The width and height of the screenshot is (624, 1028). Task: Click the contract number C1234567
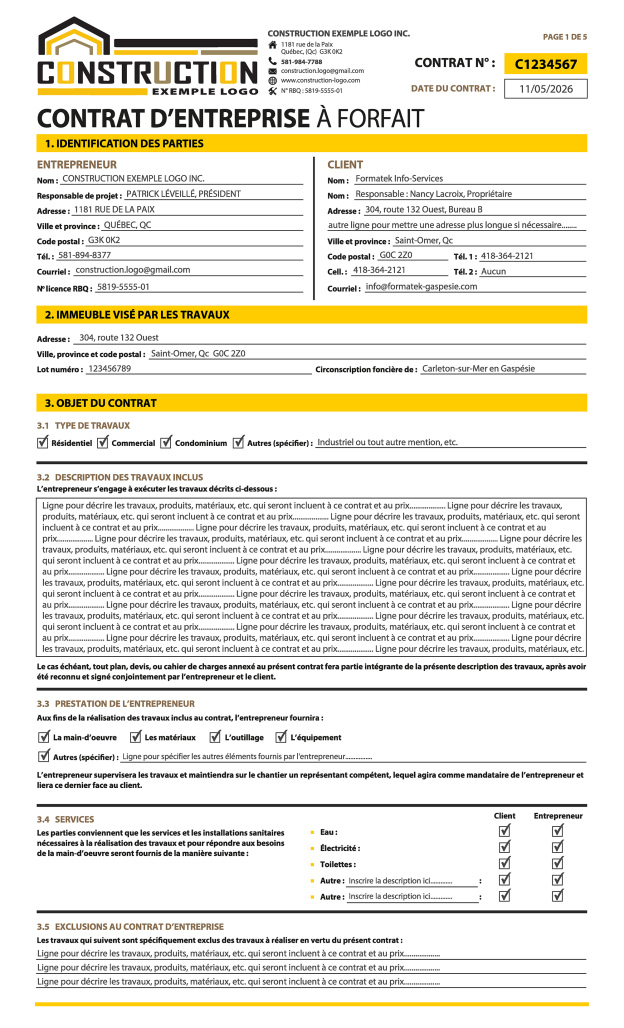[x=545, y=64]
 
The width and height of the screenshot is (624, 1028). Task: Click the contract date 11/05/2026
[x=545, y=89]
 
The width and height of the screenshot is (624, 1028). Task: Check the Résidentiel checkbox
[x=43, y=442]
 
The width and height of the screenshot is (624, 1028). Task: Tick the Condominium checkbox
[x=166, y=442]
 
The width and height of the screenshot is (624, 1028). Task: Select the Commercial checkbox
[x=103, y=442]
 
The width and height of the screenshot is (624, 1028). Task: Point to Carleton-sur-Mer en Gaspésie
[x=479, y=369]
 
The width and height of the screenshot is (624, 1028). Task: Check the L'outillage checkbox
[x=215, y=737]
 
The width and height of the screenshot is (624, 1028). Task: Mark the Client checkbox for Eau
[x=505, y=831]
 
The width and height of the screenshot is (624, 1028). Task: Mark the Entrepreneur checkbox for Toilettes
[x=558, y=863]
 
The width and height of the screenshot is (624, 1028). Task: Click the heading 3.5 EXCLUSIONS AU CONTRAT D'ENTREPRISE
[x=130, y=927]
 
